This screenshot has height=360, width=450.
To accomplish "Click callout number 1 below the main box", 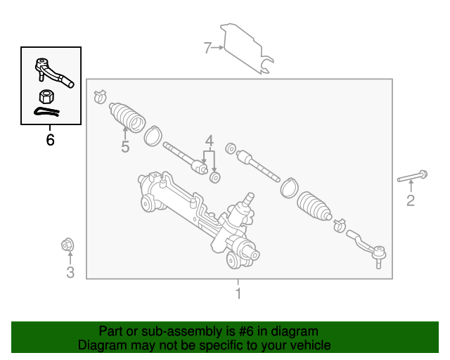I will click(x=238, y=294).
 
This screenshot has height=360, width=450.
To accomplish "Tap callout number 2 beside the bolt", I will click(x=411, y=201).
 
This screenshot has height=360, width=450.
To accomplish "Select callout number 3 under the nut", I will click(x=70, y=272).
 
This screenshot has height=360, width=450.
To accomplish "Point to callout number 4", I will click(x=209, y=141).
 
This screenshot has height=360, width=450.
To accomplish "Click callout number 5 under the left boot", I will click(x=125, y=146).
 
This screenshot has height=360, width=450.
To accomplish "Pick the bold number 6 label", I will click(x=50, y=140).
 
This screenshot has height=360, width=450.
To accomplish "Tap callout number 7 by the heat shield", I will click(x=207, y=48).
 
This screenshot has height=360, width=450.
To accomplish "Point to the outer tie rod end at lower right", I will click(x=368, y=246).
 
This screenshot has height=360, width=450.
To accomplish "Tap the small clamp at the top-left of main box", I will click(x=99, y=93).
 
